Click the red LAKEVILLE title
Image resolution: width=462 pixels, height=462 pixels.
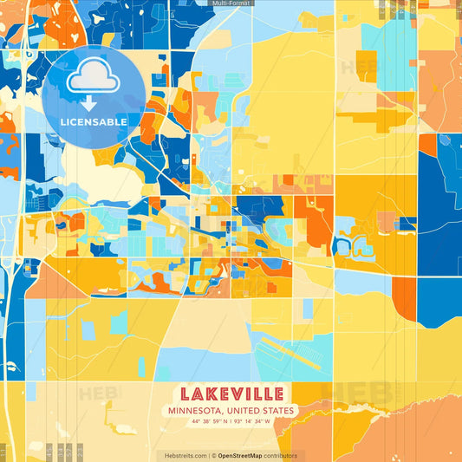coord(231,393)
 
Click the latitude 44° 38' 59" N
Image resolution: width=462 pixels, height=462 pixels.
coord(207,421)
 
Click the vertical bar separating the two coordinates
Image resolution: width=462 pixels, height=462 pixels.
coord(231,421)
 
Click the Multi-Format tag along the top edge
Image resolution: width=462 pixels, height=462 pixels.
coord(231,3)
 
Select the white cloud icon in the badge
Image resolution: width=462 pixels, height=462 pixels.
coord(93,77)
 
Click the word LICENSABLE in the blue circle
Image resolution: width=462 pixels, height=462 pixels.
coord(93,122)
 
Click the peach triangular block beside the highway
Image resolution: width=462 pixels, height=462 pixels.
coord(52,282)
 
